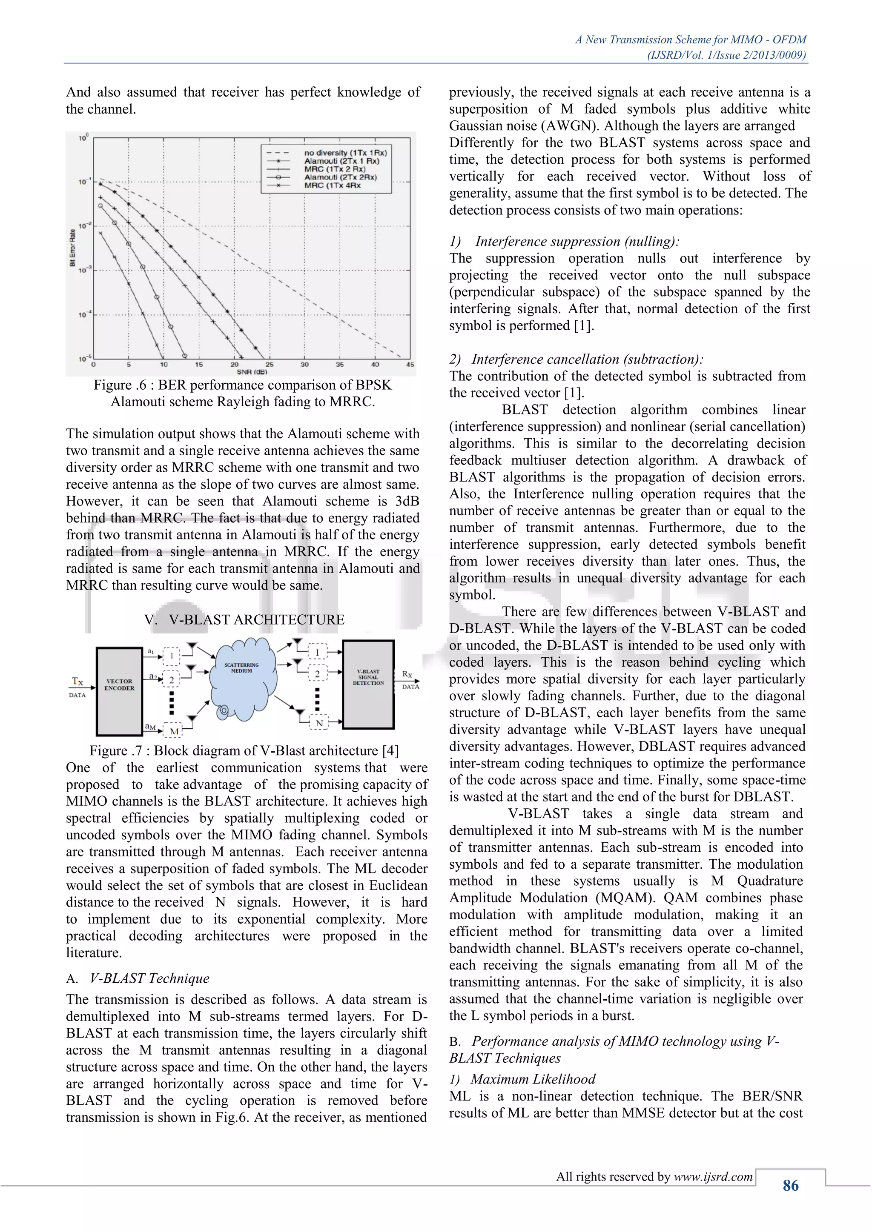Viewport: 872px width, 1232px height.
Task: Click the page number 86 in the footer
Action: (790, 1185)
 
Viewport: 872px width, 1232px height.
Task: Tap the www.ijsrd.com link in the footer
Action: (713, 1177)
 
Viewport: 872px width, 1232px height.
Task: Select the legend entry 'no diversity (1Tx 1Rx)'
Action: (345, 153)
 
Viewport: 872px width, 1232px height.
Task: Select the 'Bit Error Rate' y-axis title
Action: (72, 248)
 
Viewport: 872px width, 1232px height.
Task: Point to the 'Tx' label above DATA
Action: (78, 682)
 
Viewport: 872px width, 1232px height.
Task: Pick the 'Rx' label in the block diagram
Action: (407, 674)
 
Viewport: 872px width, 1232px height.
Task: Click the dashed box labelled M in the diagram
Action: (173, 731)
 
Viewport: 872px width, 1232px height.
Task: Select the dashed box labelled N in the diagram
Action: (318, 723)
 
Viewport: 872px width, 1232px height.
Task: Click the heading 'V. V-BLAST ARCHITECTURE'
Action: (244, 619)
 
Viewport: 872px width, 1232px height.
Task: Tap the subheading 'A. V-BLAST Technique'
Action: (138, 978)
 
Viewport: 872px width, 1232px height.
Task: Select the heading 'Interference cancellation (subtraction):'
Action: (587, 359)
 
